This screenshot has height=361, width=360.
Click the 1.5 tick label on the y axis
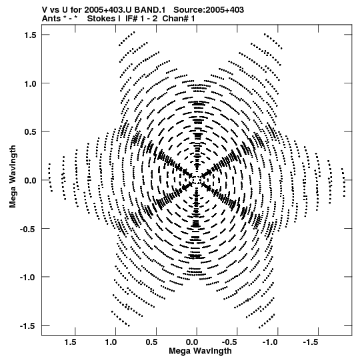[x=31, y=35]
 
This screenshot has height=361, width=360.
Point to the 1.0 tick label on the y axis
[x=31, y=83]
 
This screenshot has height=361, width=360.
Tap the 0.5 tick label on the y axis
[x=31, y=132]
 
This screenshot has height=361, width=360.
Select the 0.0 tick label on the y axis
[x=31, y=180]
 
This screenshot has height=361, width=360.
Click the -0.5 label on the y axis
[x=29, y=229]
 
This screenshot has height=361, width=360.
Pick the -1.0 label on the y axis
[x=29, y=277]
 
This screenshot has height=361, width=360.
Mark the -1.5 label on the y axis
[x=29, y=326]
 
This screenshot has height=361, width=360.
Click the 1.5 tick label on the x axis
[x=71, y=342]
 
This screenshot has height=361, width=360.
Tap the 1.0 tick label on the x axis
[x=111, y=342]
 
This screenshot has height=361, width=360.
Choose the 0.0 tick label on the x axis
[x=192, y=342]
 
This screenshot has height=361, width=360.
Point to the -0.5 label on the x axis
[x=231, y=342]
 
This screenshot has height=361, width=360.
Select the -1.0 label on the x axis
[x=271, y=342]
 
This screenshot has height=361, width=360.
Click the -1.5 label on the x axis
[x=312, y=342]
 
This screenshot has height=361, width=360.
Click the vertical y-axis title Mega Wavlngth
[x=13, y=177]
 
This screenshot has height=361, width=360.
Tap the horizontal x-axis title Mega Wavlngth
[x=200, y=351]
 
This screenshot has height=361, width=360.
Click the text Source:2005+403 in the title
[x=209, y=10]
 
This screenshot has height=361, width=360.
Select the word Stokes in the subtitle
[x=101, y=19]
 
